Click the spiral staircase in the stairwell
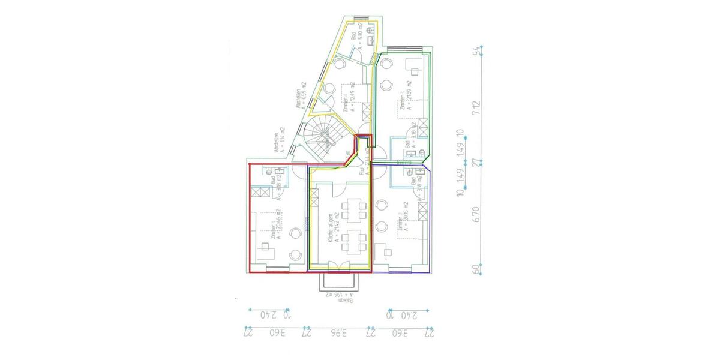(324, 139)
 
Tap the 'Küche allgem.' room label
(330, 227)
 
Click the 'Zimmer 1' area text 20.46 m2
(279, 227)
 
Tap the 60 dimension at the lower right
(478, 268)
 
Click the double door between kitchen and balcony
(338, 267)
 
